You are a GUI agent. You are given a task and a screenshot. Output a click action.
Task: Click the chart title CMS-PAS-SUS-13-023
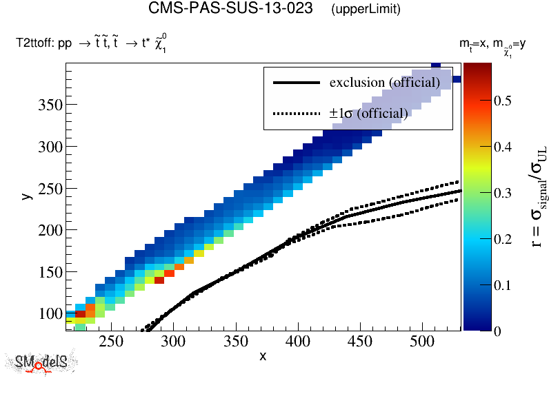pyautogui.click(x=234, y=9)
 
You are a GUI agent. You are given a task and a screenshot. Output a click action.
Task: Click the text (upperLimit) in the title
pyautogui.click(x=366, y=10)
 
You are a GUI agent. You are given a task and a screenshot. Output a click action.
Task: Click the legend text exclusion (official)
pyautogui.click(x=384, y=83)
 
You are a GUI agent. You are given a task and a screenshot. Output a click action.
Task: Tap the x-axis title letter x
pyautogui.click(x=263, y=355)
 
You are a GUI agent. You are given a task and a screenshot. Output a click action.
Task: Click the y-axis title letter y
pyautogui.click(x=26, y=196)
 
